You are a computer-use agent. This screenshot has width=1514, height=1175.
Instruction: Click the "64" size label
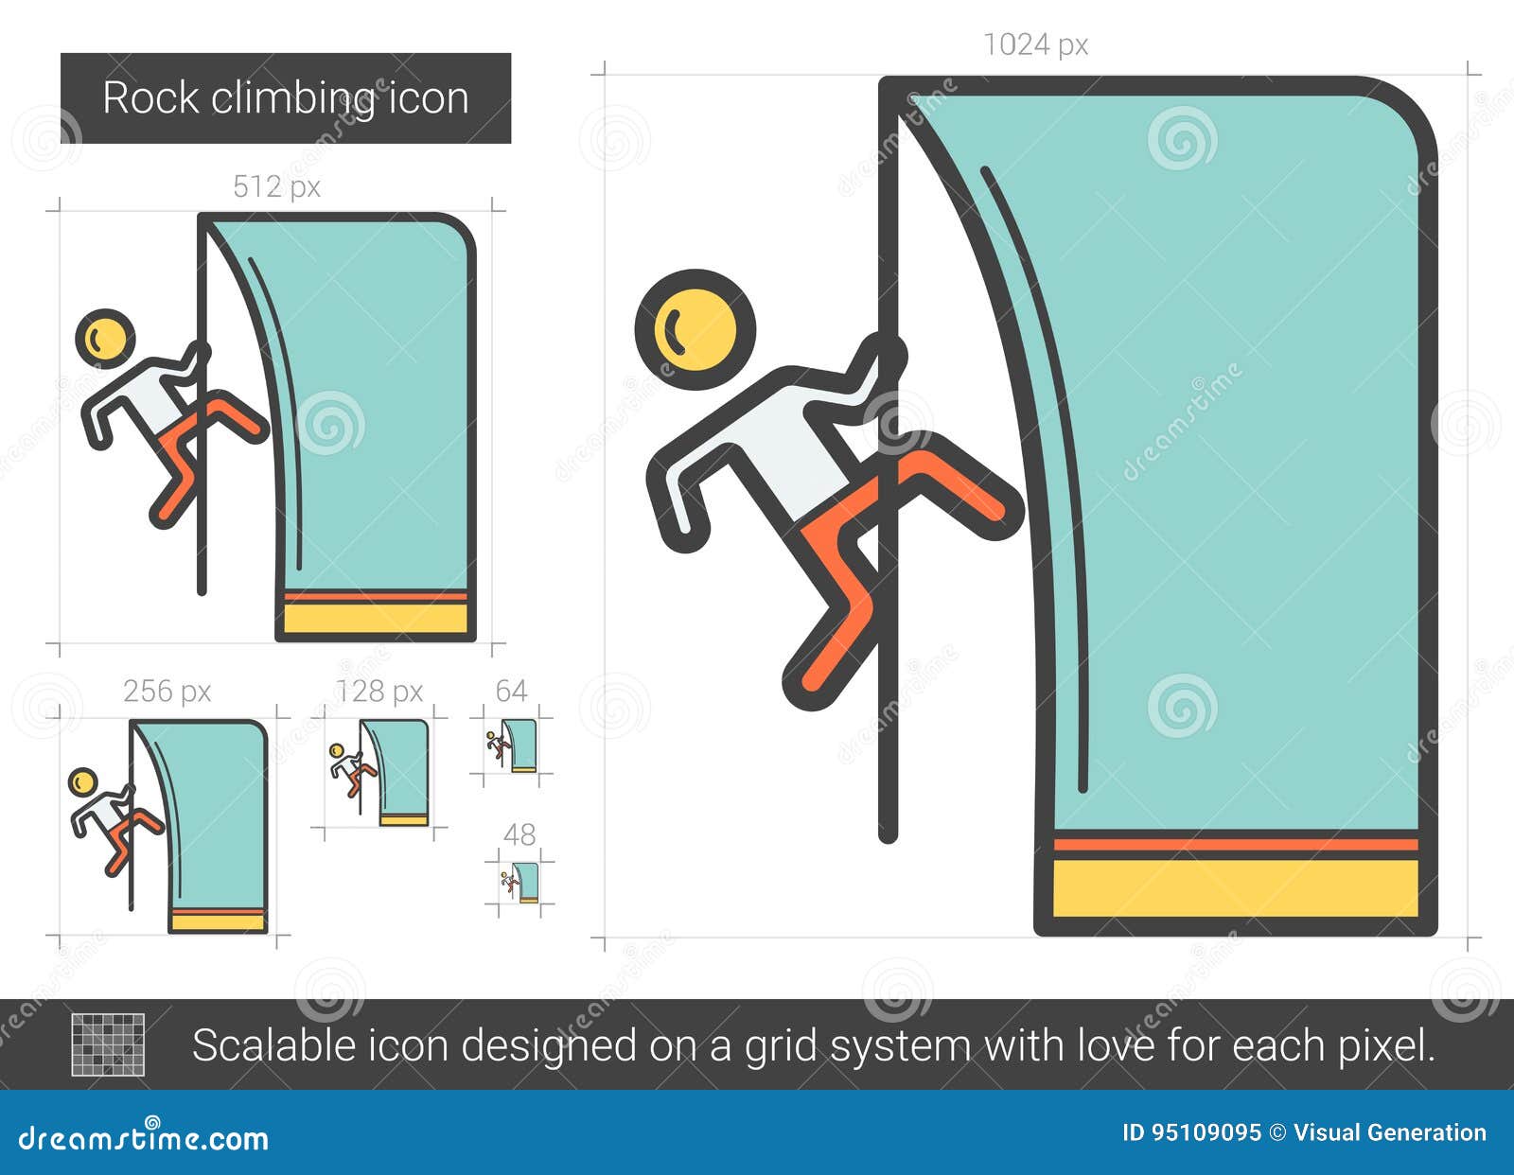[x=511, y=691]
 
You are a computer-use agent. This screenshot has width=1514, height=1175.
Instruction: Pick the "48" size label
[x=519, y=834]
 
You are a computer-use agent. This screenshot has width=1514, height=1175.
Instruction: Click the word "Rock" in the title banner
[x=150, y=98]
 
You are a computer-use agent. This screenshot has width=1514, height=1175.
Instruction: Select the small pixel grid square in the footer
[x=109, y=1044]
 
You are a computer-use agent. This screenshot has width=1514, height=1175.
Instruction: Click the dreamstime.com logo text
[x=144, y=1138]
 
